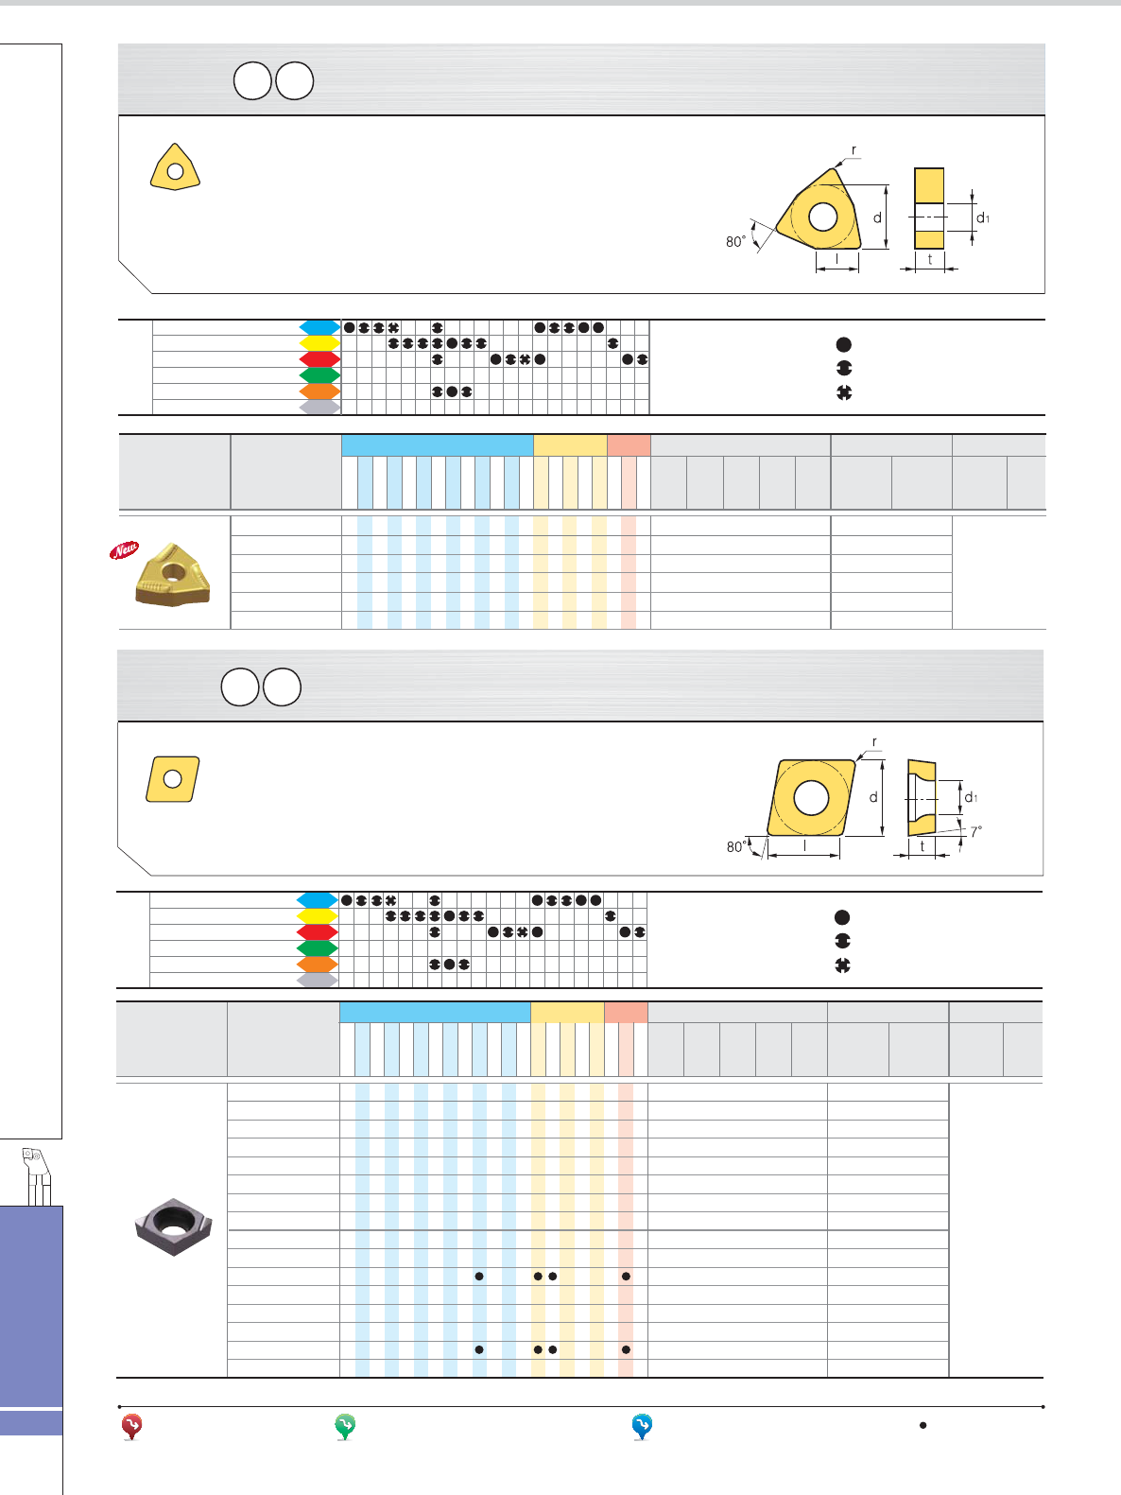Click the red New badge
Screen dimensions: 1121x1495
pos(123,549)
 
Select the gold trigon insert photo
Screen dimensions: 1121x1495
pos(173,574)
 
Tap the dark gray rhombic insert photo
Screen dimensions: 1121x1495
pos(173,1226)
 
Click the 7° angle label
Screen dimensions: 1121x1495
pos(976,832)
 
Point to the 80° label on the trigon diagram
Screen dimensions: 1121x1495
pos(735,241)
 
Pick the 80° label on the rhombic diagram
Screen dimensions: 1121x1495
pos(736,846)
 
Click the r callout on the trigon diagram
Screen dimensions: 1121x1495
pos(854,149)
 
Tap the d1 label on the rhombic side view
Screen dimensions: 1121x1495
pos(971,797)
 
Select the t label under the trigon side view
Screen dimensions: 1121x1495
pos(930,259)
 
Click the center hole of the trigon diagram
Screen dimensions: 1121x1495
pos(823,217)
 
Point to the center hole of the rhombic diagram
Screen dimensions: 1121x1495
pos(811,797)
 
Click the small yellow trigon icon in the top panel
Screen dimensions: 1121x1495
pos(175,167)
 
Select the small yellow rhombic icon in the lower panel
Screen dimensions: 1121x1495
pos(173,779)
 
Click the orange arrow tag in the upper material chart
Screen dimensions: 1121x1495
pos(319,391)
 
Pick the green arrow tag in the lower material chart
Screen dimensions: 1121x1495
pos(317,948)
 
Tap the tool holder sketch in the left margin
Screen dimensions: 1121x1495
pos(37,1175)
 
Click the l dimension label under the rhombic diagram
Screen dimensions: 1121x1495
pos(804,846)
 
